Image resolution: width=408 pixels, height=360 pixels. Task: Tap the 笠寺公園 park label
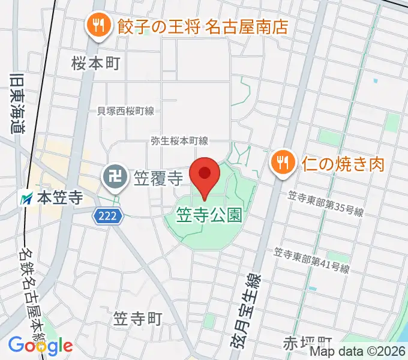(x=209, y=215)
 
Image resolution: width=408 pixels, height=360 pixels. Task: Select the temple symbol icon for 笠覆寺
(x=113, y=176)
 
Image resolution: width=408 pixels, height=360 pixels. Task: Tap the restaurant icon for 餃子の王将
(x=96, y=25)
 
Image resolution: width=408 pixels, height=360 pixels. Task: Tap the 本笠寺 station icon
(x=27, y=197)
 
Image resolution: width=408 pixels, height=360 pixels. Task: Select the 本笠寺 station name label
(x=59, y=197)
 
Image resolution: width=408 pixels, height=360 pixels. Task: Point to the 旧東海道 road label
(x=16, y=103)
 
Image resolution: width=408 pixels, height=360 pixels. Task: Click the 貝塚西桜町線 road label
(x=125, y=111)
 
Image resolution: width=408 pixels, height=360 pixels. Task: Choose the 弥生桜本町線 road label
(x=179, y=141)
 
